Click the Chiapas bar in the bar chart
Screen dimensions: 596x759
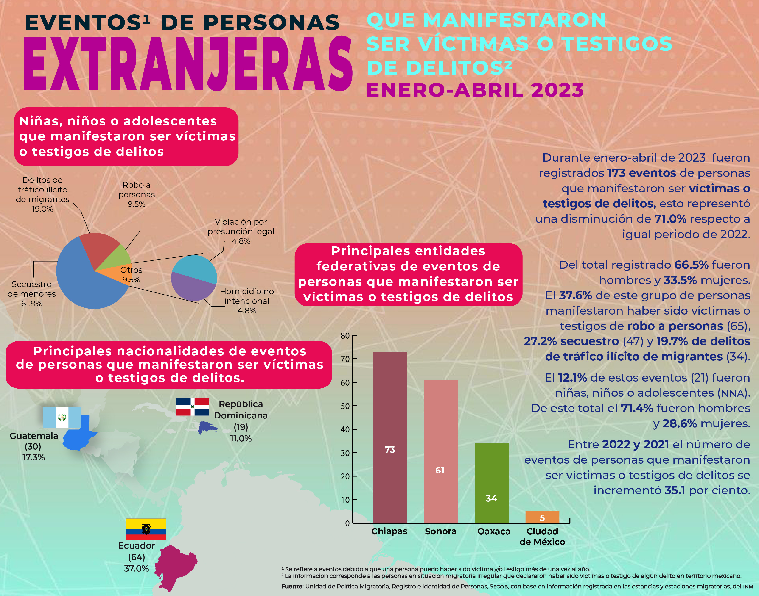[390, 436]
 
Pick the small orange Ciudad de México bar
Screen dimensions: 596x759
[542, 517]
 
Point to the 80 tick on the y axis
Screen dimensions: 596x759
[345, 336]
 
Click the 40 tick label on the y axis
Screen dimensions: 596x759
[345, 429]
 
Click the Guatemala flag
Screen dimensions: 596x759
[62, 417]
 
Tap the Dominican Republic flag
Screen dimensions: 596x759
[192, 407]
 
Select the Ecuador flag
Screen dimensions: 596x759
[146, 529]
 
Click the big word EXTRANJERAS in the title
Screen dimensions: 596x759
[188, 64]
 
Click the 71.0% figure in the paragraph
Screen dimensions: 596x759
[670, 219]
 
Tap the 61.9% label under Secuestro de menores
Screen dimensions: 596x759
[31, 304]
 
